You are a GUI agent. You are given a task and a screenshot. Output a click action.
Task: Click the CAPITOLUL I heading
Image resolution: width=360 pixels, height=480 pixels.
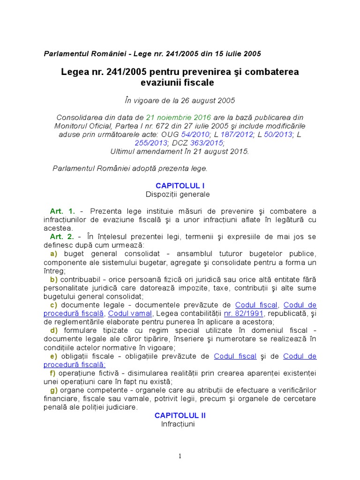click(180, 186)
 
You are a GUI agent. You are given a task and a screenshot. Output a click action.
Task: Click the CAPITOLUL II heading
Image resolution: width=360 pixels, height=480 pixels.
click(180, 415)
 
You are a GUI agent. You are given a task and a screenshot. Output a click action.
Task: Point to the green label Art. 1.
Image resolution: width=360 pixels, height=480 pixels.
click(62, 211)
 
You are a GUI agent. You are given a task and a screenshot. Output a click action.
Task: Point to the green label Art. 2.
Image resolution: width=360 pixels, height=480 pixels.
click(62, 237)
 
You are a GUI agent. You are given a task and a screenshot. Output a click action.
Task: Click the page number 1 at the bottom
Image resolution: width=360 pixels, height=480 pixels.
click(180, 456)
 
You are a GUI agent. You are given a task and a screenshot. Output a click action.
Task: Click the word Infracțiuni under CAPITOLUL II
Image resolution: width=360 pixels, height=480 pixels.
click(178, 424)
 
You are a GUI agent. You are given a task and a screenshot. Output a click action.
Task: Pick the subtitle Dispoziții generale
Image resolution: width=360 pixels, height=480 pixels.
click(178, 194)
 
